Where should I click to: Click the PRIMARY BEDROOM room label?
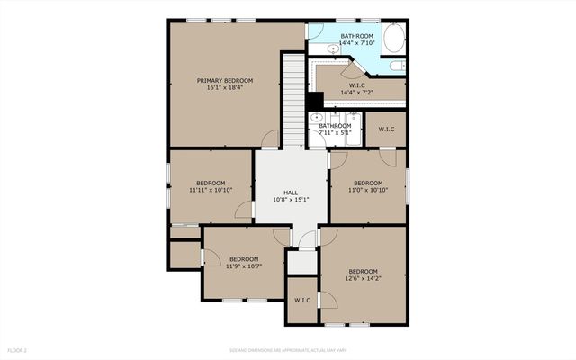(x=220, y=80)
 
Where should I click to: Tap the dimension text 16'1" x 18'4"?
(x=220, y=88)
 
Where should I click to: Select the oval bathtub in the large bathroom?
(x=394, y=38)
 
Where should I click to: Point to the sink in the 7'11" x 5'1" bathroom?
(x=317, y=118)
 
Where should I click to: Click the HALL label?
(x=291, y=193)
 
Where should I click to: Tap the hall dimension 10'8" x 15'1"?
(x=291, y=200)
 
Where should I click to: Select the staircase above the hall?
(x=293, y=99)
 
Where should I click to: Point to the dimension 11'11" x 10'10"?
(x=211, y=191)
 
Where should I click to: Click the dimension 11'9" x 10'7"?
(x=245, y=265)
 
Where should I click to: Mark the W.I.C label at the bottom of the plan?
(x=301, y=301)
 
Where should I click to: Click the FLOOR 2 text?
(x=18, y=349)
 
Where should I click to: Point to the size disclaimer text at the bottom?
(x=287, y=349)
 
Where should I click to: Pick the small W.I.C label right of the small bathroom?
(x=386, y=129)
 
